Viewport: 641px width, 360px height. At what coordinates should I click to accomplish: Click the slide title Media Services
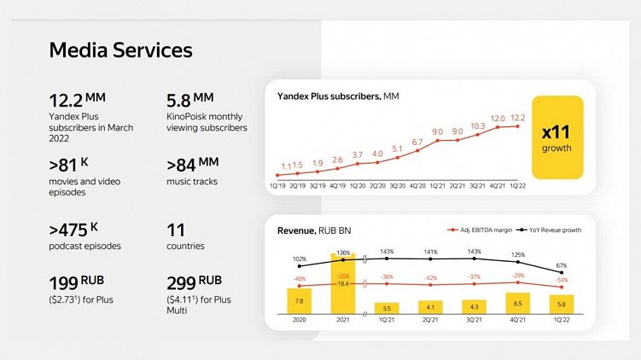[x=120, y=50]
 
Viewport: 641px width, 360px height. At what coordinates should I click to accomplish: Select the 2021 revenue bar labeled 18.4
[x=343, y=282]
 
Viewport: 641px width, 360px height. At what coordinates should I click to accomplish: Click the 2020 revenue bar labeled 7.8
[x=299, y=299]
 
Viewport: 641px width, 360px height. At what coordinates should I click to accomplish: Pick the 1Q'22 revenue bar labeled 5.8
[x=562, y=303]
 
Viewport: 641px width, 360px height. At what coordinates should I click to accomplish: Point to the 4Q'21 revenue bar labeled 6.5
[x=518, y=302]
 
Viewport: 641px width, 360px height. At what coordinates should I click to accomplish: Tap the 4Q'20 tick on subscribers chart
[x=417, y=183]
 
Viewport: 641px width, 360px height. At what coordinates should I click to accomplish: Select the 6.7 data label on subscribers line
[x=417, y=142]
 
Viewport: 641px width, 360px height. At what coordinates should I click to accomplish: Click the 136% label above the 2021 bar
[x=343, y=252]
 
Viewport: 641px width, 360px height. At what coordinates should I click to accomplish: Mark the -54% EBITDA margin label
[x=562, y=280]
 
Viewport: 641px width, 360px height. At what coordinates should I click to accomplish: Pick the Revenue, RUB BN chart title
[x=311, y=231]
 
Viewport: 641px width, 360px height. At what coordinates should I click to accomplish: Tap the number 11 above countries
[x=177, y=229]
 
